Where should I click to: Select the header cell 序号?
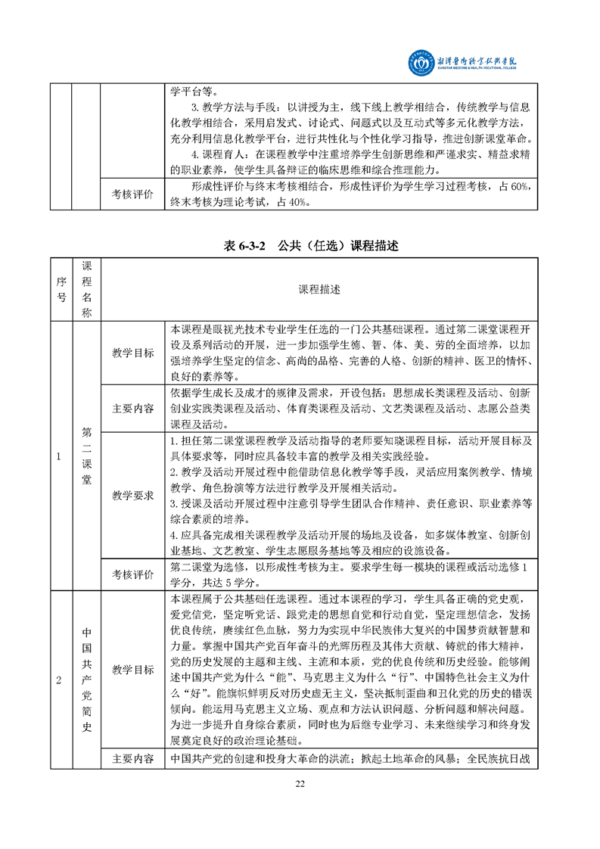(61, 290)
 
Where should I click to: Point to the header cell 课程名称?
(86, 290)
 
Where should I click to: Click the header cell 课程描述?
(319, 290)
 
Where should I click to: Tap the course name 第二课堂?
(86, 456)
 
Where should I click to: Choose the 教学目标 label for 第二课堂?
(133, 353)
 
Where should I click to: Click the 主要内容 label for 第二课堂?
(133, 409)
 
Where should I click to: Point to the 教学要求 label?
(133, 496)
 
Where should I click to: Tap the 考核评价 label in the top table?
(133, 194)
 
